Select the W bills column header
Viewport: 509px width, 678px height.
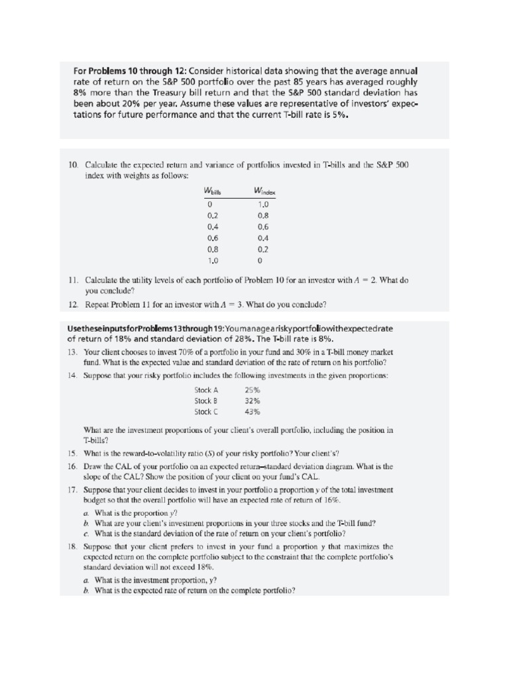(212, 192)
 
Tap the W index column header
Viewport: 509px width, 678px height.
(264, 192)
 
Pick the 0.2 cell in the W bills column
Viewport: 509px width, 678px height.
(212, 215)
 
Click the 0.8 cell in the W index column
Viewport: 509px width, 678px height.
(263, 215)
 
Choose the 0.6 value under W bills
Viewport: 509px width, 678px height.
(212, 238)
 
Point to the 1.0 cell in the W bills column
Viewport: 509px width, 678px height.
(212, 260)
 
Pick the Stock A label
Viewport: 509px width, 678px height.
(206, 390)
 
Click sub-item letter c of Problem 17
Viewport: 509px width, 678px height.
(86, 534)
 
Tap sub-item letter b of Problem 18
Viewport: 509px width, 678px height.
(86, 591)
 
